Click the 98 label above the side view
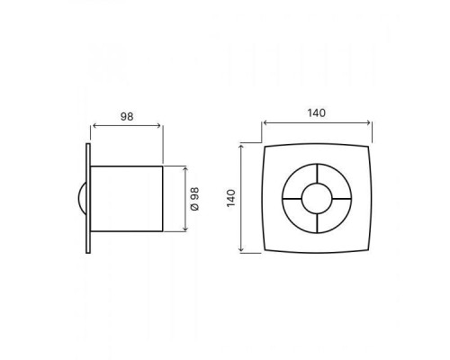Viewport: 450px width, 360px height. [x=127, y=116]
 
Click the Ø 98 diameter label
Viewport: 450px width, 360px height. [x=194, y=199]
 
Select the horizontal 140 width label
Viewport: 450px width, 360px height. [x=316, y=112]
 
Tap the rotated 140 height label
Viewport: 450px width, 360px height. [x=231, y=198]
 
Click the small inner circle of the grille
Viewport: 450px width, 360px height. [x=317, y=184]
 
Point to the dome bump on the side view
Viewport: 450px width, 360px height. [x=82, y=199]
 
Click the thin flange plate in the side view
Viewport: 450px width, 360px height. [x=88, y=198]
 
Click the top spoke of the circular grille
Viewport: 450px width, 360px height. [x=317, y=174]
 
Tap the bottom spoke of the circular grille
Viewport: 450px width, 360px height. [x=317, y=224]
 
